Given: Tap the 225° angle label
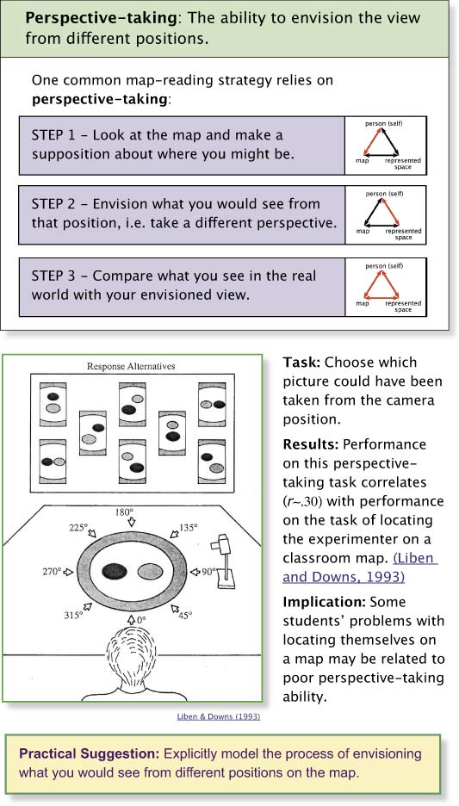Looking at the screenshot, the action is pyautogui.click(x=78, y=528).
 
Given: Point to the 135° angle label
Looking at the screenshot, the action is pyautogui.click(x=187, y=528).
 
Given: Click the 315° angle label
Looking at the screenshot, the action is pyautogui.click(x=73, y=614).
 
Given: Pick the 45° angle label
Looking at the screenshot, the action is pyautogui.click(x=185, y=614).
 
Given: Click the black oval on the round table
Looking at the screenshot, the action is pyautogui.click(x=115, y=571).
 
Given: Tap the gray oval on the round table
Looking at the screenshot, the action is pyautogui.click(x=151, y=571).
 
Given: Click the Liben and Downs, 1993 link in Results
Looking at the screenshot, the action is pyautogui.click(x=360, y=567).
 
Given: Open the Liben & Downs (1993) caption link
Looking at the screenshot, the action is pyautogui.click(x=219, y=716).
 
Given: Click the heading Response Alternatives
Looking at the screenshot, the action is pyautogui.click(x=131, y=366).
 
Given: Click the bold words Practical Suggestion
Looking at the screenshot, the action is pyautogui.click(x=90, y=754).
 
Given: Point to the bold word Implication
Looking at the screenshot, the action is pyautogui.click(x=325, y=601).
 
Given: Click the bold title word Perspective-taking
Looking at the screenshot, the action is pyautogui.click(x=102, y=18).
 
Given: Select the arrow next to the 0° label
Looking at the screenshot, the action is pyautogui.click(x=131, y=619).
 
